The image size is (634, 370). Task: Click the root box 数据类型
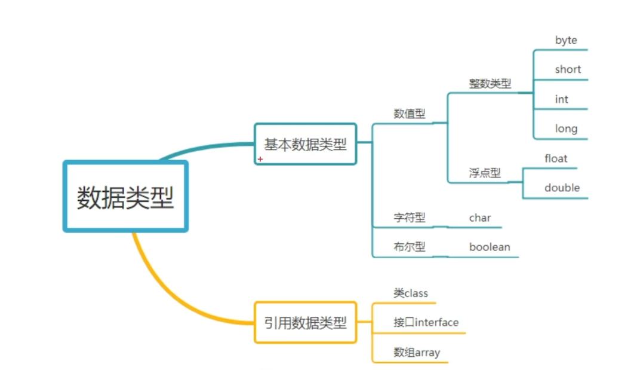coord(125,196)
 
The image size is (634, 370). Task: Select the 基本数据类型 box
coord(305,144)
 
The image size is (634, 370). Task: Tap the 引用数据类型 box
coord(305,323)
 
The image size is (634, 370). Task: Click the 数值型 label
coord(410,114)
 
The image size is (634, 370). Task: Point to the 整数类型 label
coord(490,84)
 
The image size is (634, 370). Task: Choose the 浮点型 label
coord(485,173)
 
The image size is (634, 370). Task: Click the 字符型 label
coord(410,218)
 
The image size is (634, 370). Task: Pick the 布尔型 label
coord(410,247)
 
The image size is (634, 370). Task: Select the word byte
coord(566,40)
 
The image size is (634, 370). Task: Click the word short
coord(568,69)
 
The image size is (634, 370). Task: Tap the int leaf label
coord(562,99)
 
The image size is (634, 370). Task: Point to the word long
coord(566,129)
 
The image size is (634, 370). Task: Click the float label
coord(556,158)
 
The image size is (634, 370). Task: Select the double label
coord(562,188)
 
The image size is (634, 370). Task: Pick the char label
coord(480,218)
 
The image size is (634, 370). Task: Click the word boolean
coord(490,247)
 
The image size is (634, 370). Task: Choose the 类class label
coord(411,293)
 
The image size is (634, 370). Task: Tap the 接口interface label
coord(426,323)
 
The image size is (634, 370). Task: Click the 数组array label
coord(417,352)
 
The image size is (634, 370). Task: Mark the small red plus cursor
coord(260,159)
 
